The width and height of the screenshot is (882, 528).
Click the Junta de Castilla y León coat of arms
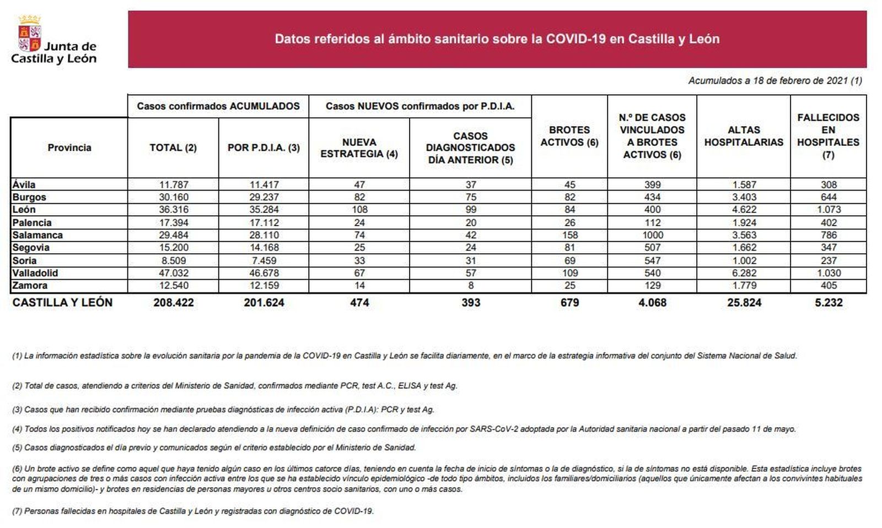coord(30,34)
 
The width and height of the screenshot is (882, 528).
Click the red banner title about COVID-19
coord(497,39)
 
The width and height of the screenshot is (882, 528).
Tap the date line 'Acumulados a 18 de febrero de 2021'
coord(775,81)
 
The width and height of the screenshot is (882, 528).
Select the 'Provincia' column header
coord(69,148)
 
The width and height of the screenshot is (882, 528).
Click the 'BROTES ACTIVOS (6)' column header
coord(569,136)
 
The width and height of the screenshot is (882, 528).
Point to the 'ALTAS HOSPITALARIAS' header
coord(743,136)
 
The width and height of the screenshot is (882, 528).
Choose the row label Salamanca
coord(37,235)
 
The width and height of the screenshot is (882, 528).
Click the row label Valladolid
coord(35,273)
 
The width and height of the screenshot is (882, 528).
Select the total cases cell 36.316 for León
coord(174,210)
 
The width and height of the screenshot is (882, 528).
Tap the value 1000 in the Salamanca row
coord(652,235)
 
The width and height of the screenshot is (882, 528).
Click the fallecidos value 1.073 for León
coord(829,210)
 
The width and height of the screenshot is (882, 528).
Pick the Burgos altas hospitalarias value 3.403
coord(744,197)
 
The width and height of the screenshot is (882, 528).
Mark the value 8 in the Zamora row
coord(470,286)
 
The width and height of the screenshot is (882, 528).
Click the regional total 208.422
coord(174,303)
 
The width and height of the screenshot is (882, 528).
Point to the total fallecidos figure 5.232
coord(829,303)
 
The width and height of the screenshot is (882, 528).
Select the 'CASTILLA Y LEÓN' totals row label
coord(62,303)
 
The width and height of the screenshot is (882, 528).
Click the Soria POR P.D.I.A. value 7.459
coord(263,260)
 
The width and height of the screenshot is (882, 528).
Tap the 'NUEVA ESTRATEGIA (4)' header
coord(359,148)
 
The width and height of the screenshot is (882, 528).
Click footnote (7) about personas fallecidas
coord(193,511)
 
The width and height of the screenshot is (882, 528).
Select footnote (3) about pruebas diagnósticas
coord(223,410)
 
